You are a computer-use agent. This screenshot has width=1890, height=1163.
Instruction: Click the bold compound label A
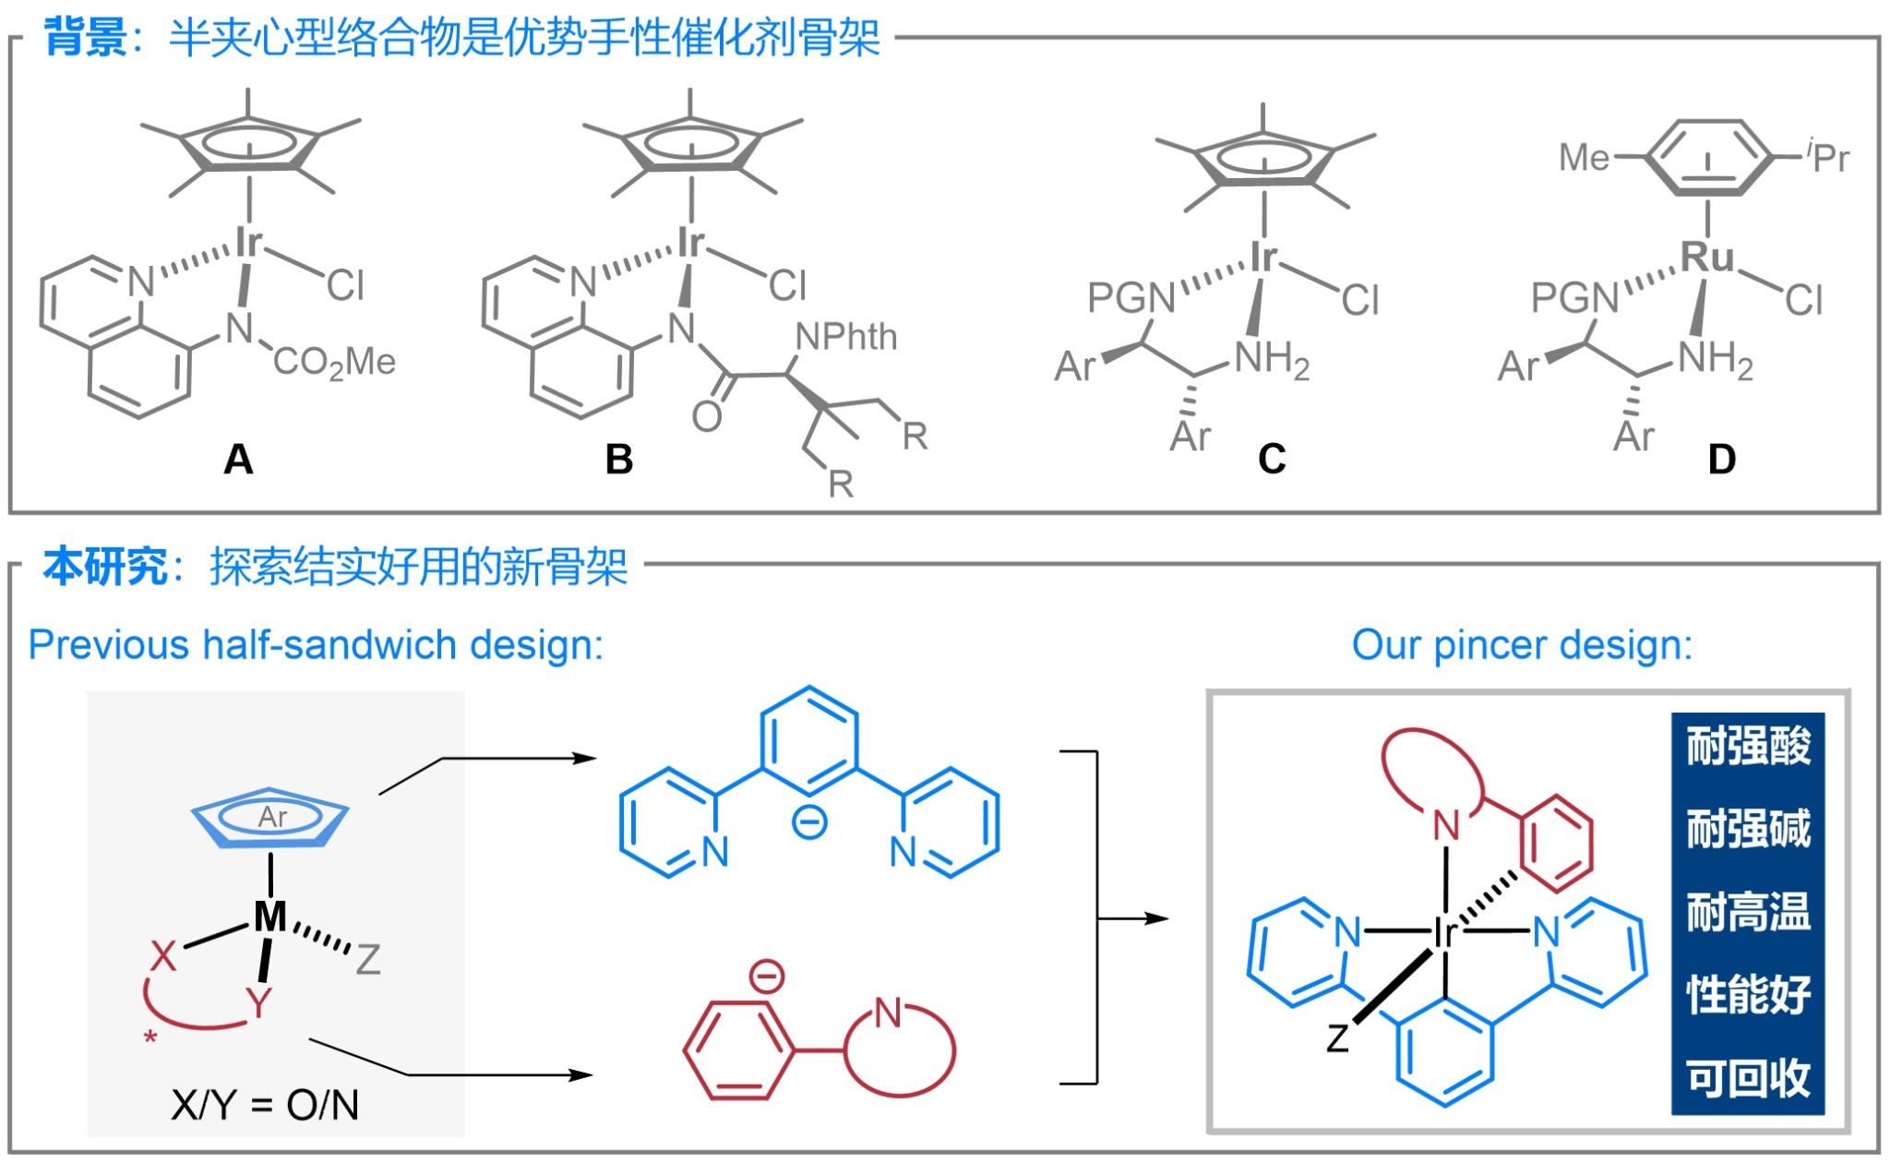click(x=238, y=459)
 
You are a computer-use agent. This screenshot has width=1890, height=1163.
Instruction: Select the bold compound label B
click(x=619, y=459)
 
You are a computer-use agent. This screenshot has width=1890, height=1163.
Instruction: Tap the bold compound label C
click(x=1272, y=459)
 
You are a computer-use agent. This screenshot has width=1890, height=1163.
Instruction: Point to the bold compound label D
click(x=1722, y=459)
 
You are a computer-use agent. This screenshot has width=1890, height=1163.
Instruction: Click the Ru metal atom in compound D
click(x=1706, y=257)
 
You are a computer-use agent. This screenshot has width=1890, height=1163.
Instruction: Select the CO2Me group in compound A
click(x=334, y=362)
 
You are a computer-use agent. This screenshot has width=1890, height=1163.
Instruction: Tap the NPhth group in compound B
click(x=845, y=337)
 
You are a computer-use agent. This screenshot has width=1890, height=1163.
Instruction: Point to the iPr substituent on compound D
click(x=1828, y=156)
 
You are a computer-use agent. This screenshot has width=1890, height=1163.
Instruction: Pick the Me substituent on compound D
click(x=1584, y=157)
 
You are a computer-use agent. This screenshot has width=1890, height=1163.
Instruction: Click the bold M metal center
click(x=269, y=917)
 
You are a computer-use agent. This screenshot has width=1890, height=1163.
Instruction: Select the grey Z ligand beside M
click(x=368, y=960)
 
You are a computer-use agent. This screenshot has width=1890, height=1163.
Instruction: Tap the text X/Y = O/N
click(x=265, y=1105)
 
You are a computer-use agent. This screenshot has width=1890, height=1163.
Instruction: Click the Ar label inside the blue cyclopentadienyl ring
click(x=272, y=817)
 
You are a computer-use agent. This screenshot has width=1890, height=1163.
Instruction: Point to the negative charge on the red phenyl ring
click(x=766, y=976)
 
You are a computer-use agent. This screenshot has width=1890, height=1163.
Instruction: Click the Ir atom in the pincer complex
click(x=1444, y=933)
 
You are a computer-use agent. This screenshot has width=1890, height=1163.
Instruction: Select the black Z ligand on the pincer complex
click(x=1338, y=1037)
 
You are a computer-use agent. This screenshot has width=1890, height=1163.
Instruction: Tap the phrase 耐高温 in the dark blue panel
click(x=1748, y=912)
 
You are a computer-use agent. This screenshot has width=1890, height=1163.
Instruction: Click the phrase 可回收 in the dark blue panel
click(x=1748, y=1077)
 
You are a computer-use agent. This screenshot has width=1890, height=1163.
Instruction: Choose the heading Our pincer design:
click(x=1522, y=644)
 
